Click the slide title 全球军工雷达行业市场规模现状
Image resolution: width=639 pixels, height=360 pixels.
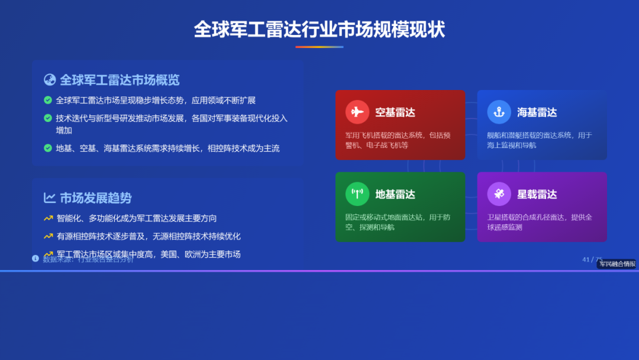319,30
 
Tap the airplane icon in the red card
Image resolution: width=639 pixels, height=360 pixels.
357,112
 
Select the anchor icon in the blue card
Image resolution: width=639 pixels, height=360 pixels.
499,112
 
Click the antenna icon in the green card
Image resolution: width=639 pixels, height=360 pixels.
357,194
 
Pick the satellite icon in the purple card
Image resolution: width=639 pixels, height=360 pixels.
499,194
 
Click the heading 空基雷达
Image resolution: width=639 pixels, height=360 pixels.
395,112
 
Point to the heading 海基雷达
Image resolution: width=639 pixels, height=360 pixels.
537,112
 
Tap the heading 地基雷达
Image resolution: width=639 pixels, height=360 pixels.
395,194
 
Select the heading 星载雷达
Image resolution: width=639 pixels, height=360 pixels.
537,194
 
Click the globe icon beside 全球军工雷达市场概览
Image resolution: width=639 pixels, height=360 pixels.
50,80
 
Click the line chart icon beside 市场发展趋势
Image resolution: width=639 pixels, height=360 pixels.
50,198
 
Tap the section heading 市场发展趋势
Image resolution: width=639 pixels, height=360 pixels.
96,198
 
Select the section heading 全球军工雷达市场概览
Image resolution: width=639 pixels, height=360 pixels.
120,80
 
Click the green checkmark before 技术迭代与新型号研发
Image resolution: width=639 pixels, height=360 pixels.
48,118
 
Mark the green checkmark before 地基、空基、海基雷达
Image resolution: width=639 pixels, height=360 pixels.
48,148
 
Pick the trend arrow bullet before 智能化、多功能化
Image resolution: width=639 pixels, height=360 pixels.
49,218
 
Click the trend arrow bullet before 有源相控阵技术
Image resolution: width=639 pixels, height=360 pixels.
49,236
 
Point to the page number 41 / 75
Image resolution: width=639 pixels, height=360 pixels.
592,259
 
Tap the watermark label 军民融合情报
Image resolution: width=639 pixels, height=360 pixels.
617,264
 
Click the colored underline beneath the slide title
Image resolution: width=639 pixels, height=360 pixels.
319,47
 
